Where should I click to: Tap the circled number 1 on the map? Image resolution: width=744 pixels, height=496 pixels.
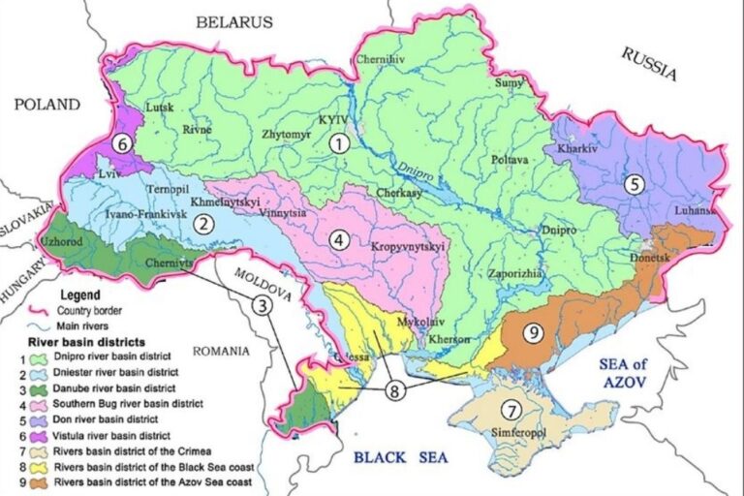338,143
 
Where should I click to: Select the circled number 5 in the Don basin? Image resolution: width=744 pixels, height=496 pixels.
633,185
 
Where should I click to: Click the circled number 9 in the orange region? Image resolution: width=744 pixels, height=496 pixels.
531,332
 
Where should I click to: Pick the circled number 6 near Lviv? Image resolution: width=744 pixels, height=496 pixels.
121,142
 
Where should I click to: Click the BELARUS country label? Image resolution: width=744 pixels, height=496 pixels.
234,21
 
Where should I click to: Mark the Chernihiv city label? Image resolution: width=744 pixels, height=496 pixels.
380,59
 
